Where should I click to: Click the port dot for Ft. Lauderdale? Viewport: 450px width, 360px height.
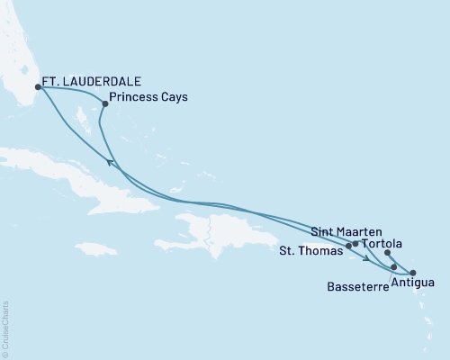coord(38,87)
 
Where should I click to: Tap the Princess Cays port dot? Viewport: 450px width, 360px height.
coord(105,103)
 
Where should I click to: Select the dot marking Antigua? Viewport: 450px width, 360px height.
coord(412,273)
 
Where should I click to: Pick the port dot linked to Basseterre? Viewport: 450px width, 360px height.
coord(394,267)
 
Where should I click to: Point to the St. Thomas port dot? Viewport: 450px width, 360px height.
coord(348,245)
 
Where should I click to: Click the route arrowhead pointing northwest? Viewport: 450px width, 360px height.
coord(111,161)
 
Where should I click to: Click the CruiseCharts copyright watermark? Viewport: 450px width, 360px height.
coord(5,328)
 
